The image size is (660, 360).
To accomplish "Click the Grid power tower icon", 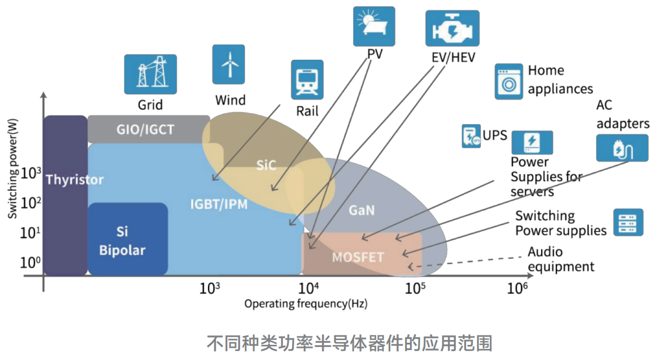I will coord(150,74).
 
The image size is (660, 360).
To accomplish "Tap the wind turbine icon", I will coord(228,64).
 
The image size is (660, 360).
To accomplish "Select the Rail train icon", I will coord(307,80).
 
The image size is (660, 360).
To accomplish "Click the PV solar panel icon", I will coord(374,26).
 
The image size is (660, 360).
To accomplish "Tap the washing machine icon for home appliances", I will coord(509,81).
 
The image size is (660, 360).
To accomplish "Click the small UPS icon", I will coord(471,136).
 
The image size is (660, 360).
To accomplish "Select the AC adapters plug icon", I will coord(622,147).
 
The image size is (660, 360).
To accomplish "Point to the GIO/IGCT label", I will coord(145,129).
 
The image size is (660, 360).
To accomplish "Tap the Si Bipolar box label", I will coord(123,241).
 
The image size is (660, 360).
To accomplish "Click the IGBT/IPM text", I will coord(218,204).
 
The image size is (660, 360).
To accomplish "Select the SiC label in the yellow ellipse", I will coord(266,166).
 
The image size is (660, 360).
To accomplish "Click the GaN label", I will coord(361,210).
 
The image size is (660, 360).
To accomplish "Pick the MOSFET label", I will coord(358,257).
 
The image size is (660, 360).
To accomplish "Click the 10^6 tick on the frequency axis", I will coord(517,288).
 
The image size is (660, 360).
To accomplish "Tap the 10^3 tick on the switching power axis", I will coord(30,173).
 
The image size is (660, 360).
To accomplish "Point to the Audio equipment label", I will coord(560,259).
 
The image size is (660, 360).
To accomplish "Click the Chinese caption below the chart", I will coord(349,343).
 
